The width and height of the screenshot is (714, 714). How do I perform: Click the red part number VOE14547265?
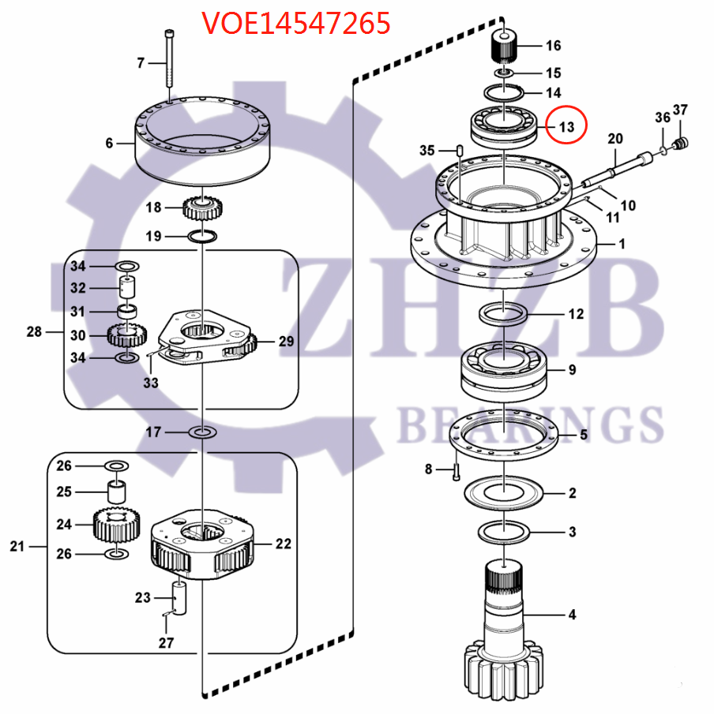click(295, 24)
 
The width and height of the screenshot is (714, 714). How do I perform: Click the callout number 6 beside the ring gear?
click(110, 143)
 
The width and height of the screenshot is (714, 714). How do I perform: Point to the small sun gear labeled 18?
click(205, 209)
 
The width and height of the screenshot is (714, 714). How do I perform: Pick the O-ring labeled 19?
click(204, 236)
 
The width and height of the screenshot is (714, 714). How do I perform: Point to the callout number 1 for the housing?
click(621, 244)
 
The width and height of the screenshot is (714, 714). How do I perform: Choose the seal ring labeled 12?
click(503, 313)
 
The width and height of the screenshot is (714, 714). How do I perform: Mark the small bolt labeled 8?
click(455, 472)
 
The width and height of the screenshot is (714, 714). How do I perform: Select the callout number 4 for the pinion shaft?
click(571, 615)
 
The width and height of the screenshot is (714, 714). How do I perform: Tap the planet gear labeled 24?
click(116, 525)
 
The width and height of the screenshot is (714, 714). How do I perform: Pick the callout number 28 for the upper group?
click(34, 331)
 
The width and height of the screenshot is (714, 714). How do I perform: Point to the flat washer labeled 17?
click(203, 432)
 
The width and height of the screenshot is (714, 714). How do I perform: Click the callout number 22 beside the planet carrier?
click(283, 544)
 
